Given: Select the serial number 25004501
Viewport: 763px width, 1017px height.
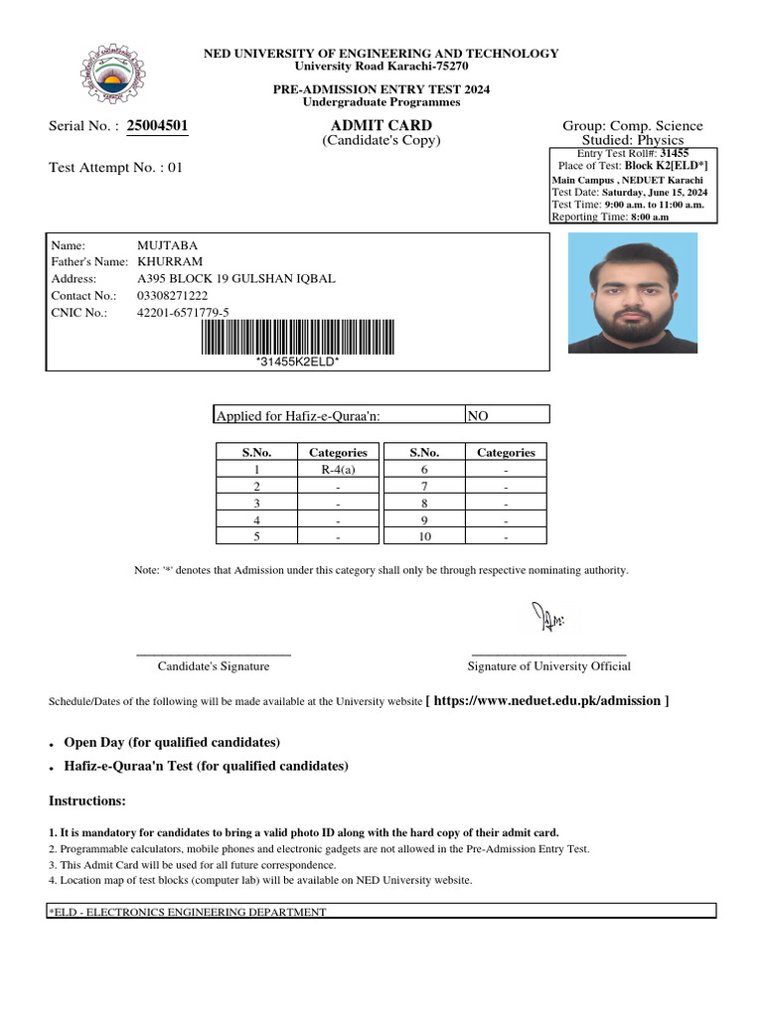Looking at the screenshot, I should (157, 125).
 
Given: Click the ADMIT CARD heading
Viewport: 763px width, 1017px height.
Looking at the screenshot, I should (381, 125).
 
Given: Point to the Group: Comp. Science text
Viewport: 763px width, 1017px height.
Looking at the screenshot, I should (632, 126).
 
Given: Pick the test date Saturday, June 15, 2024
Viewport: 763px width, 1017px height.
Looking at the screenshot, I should (655, 192).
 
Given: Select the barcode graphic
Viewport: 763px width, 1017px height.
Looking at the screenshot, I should (297, 337).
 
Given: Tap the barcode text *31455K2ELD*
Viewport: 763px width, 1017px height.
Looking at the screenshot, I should (298, 362).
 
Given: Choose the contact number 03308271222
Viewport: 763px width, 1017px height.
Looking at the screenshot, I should (172, 296).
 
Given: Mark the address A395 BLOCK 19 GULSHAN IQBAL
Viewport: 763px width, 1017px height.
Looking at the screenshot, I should (235, 278).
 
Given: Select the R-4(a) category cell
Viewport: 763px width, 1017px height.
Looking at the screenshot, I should (338, 470).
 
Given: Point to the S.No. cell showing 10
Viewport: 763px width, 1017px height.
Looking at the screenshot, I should (424, 537).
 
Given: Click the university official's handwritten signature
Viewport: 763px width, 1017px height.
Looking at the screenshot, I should (546, 618).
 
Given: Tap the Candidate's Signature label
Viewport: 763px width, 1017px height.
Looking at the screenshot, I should (214, 666).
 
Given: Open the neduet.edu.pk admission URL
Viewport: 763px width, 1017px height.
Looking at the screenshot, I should (546, 701).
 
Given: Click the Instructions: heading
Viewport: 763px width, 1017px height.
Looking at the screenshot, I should (87, 800).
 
